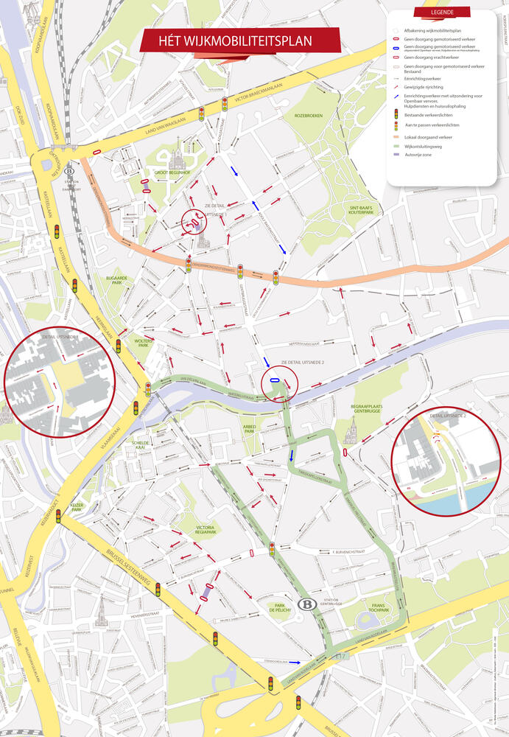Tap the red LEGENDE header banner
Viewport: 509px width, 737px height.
(x=442, y=13)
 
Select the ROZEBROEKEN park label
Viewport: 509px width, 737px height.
(x=309, y=116)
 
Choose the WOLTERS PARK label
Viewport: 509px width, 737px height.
(x=143, y=344)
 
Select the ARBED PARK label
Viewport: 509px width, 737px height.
(x=248, y=429)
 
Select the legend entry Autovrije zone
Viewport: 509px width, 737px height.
(x=417, y=154)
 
